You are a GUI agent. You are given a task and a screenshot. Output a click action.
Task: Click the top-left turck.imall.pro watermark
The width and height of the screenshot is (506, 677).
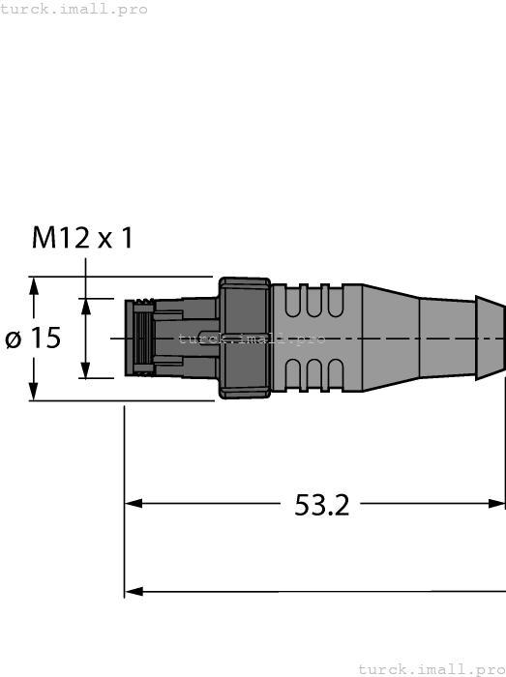coord(74,9)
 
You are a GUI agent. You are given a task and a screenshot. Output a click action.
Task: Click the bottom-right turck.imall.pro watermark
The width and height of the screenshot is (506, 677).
coord(431,668)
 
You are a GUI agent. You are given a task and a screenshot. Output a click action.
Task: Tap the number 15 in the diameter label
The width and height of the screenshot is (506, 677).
coord(44,338)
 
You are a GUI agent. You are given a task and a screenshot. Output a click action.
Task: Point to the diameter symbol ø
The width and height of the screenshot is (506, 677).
coord(14,339)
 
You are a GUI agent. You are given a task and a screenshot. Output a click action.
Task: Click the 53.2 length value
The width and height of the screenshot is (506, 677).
coord(321,504)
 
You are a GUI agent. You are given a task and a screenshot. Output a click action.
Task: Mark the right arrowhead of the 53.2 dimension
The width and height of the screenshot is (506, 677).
coord(496,503)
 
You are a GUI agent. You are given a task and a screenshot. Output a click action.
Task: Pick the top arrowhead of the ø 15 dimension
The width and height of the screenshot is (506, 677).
coord(35,285)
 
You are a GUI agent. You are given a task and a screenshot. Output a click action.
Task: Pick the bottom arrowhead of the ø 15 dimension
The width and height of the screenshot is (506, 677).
coord(35,392)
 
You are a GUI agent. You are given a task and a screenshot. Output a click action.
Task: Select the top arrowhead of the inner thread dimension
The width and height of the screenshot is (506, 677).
coord(85,306)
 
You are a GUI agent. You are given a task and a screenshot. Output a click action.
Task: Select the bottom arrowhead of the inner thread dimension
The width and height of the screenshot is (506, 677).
coord(85,370)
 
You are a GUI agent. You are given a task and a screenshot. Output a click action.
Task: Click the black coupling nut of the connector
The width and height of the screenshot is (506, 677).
coord(244,338)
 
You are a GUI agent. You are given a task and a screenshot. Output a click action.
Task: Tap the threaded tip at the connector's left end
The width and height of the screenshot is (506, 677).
coord(140,338)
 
